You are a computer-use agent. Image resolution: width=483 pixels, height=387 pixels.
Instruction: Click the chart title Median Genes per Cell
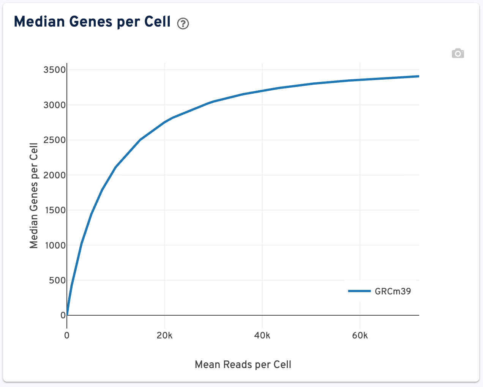(92, 22)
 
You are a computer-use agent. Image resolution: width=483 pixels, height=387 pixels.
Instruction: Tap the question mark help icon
(183, 24)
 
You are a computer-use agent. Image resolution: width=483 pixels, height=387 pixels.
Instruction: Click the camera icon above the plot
(458, 53)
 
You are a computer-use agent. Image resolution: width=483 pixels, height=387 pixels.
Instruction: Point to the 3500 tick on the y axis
(55, 70)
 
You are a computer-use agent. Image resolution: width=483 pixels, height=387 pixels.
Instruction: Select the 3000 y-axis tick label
(55, 105)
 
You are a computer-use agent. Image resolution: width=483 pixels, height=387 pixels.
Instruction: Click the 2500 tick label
(55, 140)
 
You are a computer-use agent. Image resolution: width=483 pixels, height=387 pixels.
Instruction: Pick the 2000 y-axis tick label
(55, 175)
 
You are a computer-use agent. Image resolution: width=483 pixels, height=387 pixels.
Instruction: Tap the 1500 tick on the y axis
(55, 210)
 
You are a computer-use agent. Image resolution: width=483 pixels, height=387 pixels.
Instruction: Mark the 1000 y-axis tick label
(55, 245)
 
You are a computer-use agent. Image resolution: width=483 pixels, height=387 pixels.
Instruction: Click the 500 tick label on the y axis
(57, 280)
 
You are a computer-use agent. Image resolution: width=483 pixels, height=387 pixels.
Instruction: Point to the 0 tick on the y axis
(63, 315)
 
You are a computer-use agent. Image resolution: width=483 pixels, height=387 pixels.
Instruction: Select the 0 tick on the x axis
(67, 335)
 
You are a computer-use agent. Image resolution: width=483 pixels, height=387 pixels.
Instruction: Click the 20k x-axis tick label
(164, 335)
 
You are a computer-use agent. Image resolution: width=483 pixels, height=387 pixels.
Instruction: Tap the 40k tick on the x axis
(262, 335)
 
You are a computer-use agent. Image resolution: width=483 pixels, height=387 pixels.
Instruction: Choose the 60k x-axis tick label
(360, 335)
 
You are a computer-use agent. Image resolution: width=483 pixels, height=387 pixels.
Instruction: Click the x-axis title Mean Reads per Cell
(243, 365)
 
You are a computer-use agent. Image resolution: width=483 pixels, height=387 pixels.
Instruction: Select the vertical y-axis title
(34, 196)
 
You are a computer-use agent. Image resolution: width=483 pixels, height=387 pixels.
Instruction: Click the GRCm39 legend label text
(393, 291)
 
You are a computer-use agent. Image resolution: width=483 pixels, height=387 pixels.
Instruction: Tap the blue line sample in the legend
(359, 291)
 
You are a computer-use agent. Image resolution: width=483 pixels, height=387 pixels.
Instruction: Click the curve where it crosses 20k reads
(164, 122)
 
